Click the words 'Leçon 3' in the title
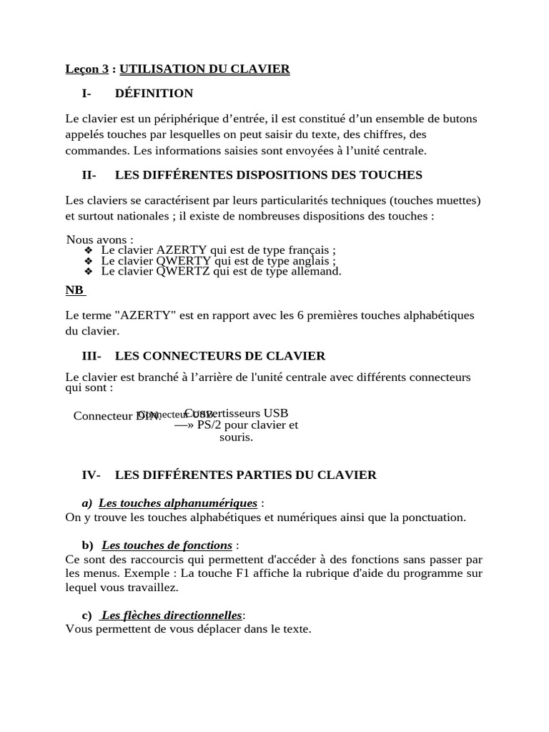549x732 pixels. (x=86, y=69)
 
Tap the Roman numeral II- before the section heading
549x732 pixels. (x=89, y=175)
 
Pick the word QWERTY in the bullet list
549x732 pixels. (x=184, y=261)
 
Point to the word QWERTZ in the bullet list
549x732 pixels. (x=184, y=272)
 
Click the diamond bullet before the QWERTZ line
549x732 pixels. (x=88, y=272)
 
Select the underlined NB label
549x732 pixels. (x=74, y=290)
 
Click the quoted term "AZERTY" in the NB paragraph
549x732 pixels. (x=141, y=315)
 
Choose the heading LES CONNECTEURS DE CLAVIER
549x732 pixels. (x=219, y=356)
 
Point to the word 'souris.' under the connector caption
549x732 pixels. (x=236, y=437)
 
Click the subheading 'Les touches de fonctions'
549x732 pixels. (x=167, y=545)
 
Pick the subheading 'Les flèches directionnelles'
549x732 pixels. (x=172, y=615)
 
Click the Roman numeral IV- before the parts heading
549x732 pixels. (x=91, y=475)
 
